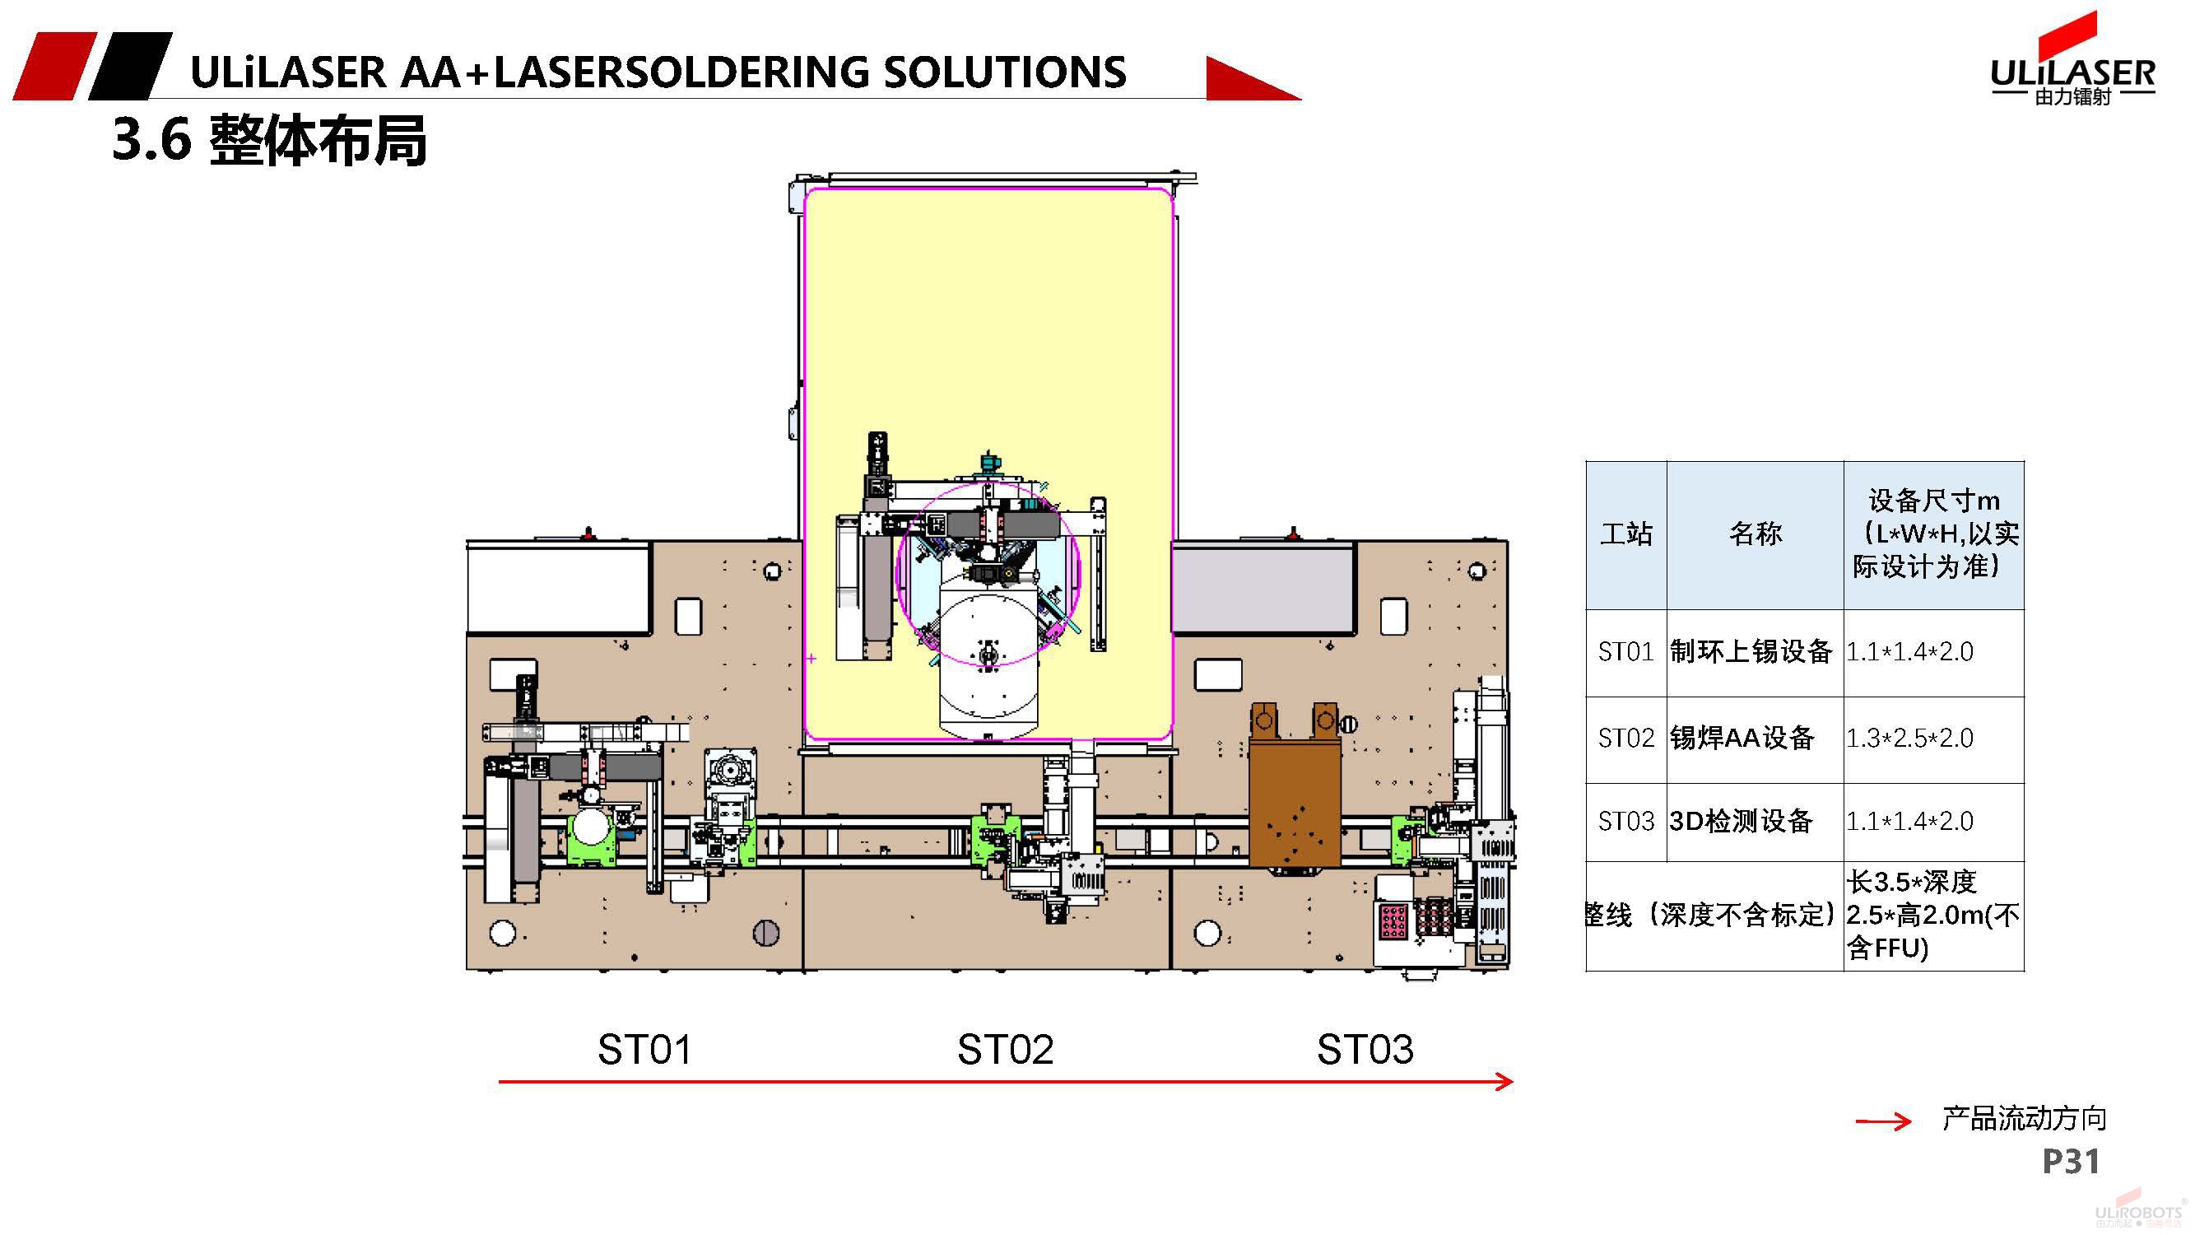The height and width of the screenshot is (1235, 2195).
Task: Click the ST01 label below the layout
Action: pyautogui.click(x=644, y=1049)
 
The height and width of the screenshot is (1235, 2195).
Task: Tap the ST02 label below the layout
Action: pyautogui.click(x=1005, y=1049)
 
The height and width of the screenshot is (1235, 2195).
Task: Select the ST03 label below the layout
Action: pyautogui.click(x=1365, y=1049)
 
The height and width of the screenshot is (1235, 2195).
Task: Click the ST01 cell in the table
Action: pyautogui.click(x=1625, y=652)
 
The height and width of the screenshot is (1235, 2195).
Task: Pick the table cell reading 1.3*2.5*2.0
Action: pyautogui.click(x=1909, y=737)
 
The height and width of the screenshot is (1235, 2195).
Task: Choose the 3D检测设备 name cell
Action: pyautogui.click(x=1741, y=821)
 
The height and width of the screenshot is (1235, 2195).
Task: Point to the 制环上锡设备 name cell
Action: pyautogui.click(x=1751, y=652)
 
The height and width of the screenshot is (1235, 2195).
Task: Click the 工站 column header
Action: pyautogui.click(x=1625, y=534)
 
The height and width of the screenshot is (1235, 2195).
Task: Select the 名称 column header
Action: pyautogui.click(x=1756, y=534)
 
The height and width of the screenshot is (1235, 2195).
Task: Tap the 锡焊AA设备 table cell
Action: pyautogui.click(x=1742, y=737)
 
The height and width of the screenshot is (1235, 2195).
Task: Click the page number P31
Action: pyautogui.click(x=2071, y=1161)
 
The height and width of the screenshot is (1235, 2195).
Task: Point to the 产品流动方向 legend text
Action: pyautogui.click(x=2024, y=1119)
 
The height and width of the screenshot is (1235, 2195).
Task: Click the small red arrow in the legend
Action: pyautogui.click(x=1884, y=1121)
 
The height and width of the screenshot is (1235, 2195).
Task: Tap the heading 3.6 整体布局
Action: pyautogui.click(x=269, y=140)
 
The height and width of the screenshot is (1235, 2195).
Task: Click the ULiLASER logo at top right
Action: pyautogui.click(x=2072, y=64)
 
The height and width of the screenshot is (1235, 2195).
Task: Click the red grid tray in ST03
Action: pyautogui.click(x=1393, y=920)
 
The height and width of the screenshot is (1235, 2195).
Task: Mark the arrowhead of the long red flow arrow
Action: pyautogui.click(x=1504, y=1082)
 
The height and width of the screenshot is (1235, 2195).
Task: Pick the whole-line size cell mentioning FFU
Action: pyautogui.click(x=1932, y=916)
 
